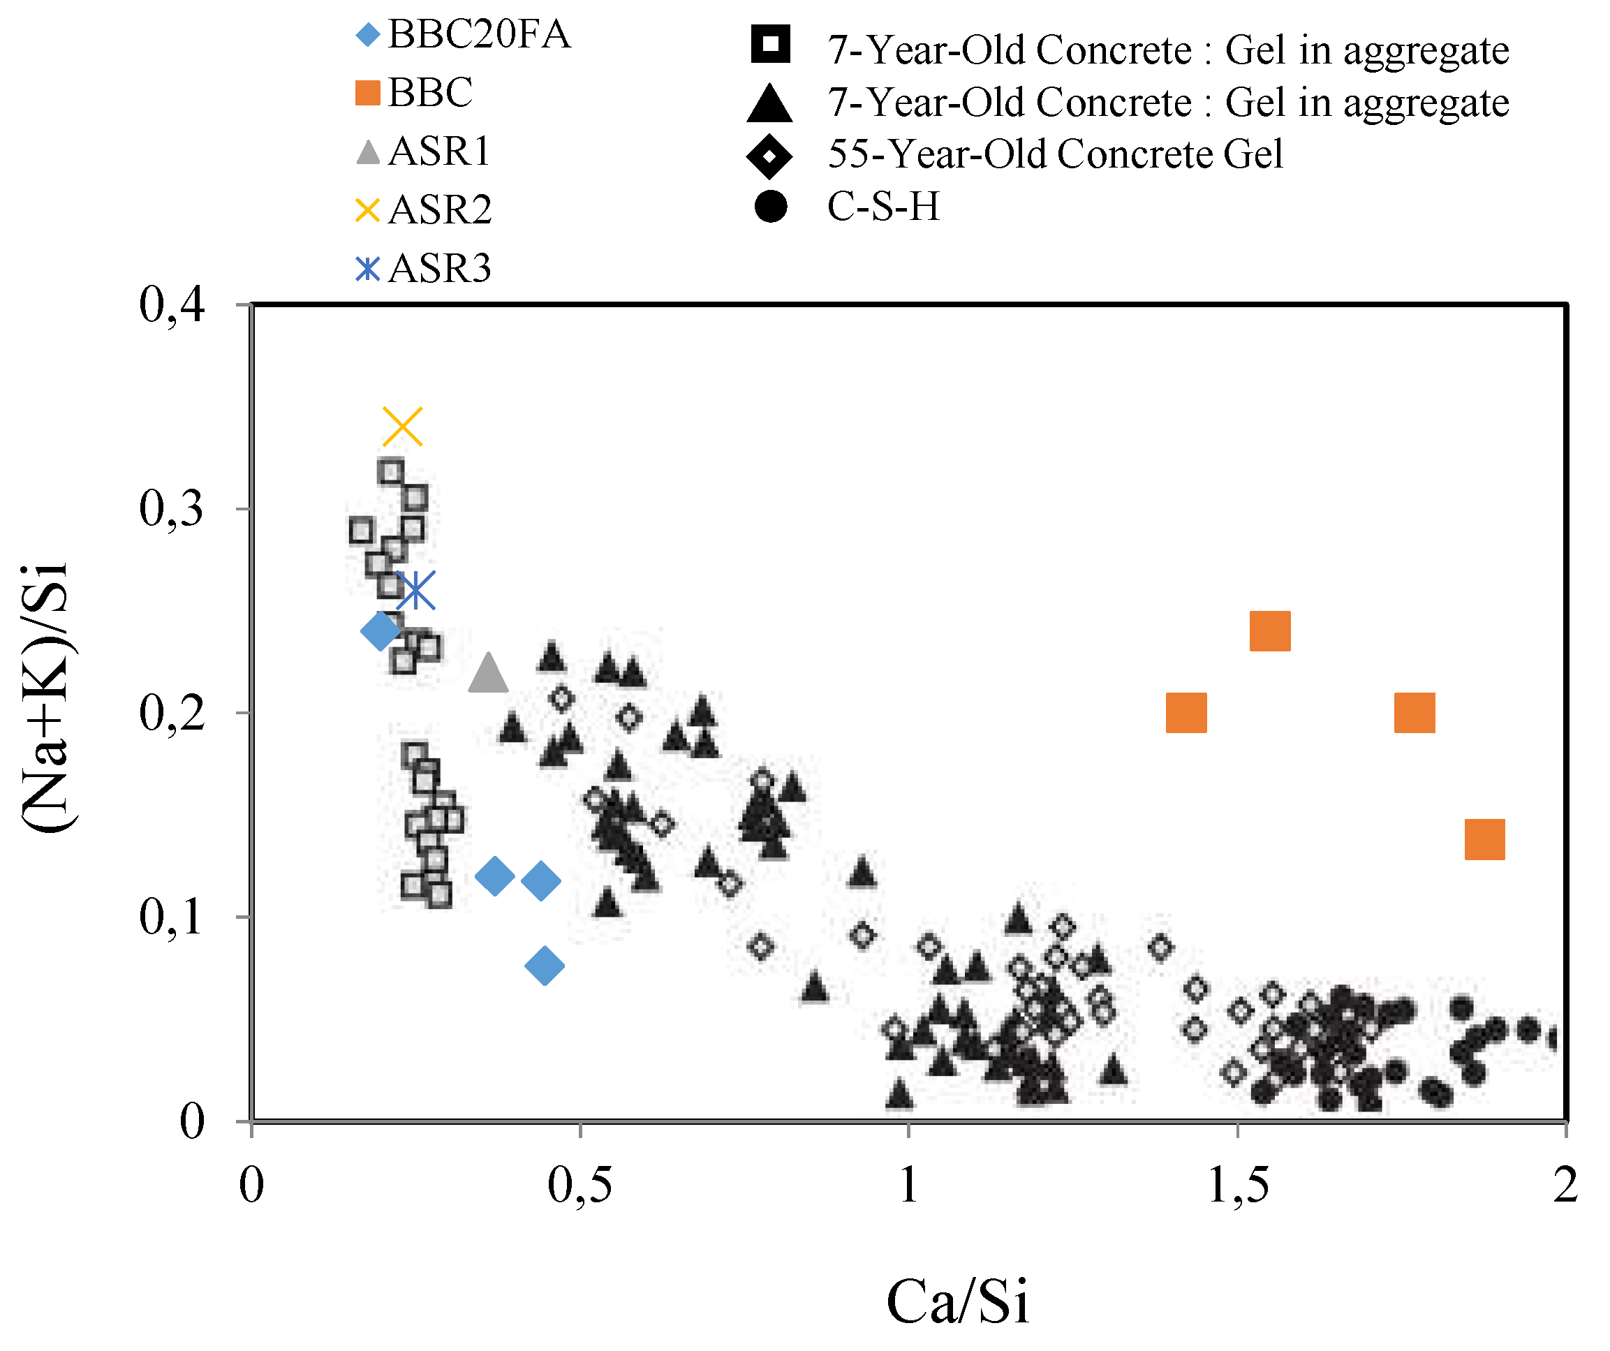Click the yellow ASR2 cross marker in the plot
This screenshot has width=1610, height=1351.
tap(402, 427)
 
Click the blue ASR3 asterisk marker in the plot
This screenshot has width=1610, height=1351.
tap(415, 590)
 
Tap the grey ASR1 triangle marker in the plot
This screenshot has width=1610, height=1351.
tap(487, 674)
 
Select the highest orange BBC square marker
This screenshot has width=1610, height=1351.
tap(1269, 630)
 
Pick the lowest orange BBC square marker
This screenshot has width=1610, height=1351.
tap(1484, 839)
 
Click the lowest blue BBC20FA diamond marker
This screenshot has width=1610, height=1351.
tap(545, 966)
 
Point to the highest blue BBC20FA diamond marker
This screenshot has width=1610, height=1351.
tap(381, 631)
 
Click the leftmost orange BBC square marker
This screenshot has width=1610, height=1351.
tap(1186, 712)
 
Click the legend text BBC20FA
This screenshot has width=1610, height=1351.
tap(478, 34)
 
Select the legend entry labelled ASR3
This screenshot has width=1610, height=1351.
tap(438, 268)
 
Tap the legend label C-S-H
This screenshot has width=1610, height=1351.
tap(883, 207)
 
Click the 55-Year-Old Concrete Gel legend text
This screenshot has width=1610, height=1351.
tap(1055, 154)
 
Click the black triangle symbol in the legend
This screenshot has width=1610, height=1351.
tap(769, 104)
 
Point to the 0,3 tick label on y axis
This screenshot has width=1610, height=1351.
tap(172, 508)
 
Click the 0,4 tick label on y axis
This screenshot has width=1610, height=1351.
tap(172, 305)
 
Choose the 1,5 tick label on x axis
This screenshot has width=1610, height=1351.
tap(1237, 1186)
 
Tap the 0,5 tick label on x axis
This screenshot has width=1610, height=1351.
tap(579, 1186)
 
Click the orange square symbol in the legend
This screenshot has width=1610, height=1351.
tap(368, 93)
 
